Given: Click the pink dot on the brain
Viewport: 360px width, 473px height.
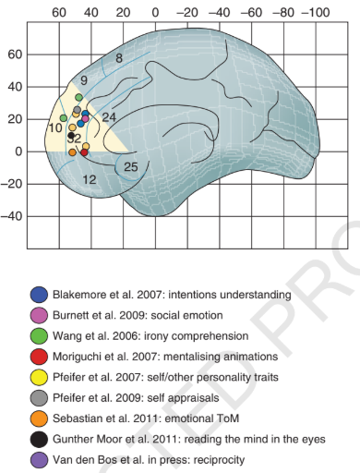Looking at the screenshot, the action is pos(85,118).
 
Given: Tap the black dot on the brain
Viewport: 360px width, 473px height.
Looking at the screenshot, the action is pos(71,135).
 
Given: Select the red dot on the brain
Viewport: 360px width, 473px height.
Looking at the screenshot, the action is pos(84,152).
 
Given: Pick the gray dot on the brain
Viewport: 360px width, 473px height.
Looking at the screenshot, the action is pos(78,110).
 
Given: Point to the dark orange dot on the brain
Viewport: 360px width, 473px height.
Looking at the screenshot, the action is pos(72,152).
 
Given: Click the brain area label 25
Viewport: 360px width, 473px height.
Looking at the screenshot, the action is pos(131,167).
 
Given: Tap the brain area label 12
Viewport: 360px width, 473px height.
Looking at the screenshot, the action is pos(90,179).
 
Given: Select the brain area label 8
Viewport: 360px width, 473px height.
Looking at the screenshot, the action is pos(119,58).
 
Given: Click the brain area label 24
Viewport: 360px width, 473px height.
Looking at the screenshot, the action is pos(109,117).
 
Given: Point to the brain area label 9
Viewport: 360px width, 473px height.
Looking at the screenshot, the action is pos(84,80).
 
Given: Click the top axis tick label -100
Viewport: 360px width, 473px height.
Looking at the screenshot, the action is pos(316,13).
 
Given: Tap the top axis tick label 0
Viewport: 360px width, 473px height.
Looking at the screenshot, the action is pos(155,13).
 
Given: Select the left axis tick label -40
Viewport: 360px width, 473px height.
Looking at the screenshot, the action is pos(12,216).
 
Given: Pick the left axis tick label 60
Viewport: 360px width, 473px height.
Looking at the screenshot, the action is pos(16,55).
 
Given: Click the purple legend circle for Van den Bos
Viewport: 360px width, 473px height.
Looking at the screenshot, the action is pos(39,460).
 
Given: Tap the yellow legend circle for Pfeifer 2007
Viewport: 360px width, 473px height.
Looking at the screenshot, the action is pos(39,377).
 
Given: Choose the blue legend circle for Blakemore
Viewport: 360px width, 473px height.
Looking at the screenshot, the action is pos(39,295).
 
